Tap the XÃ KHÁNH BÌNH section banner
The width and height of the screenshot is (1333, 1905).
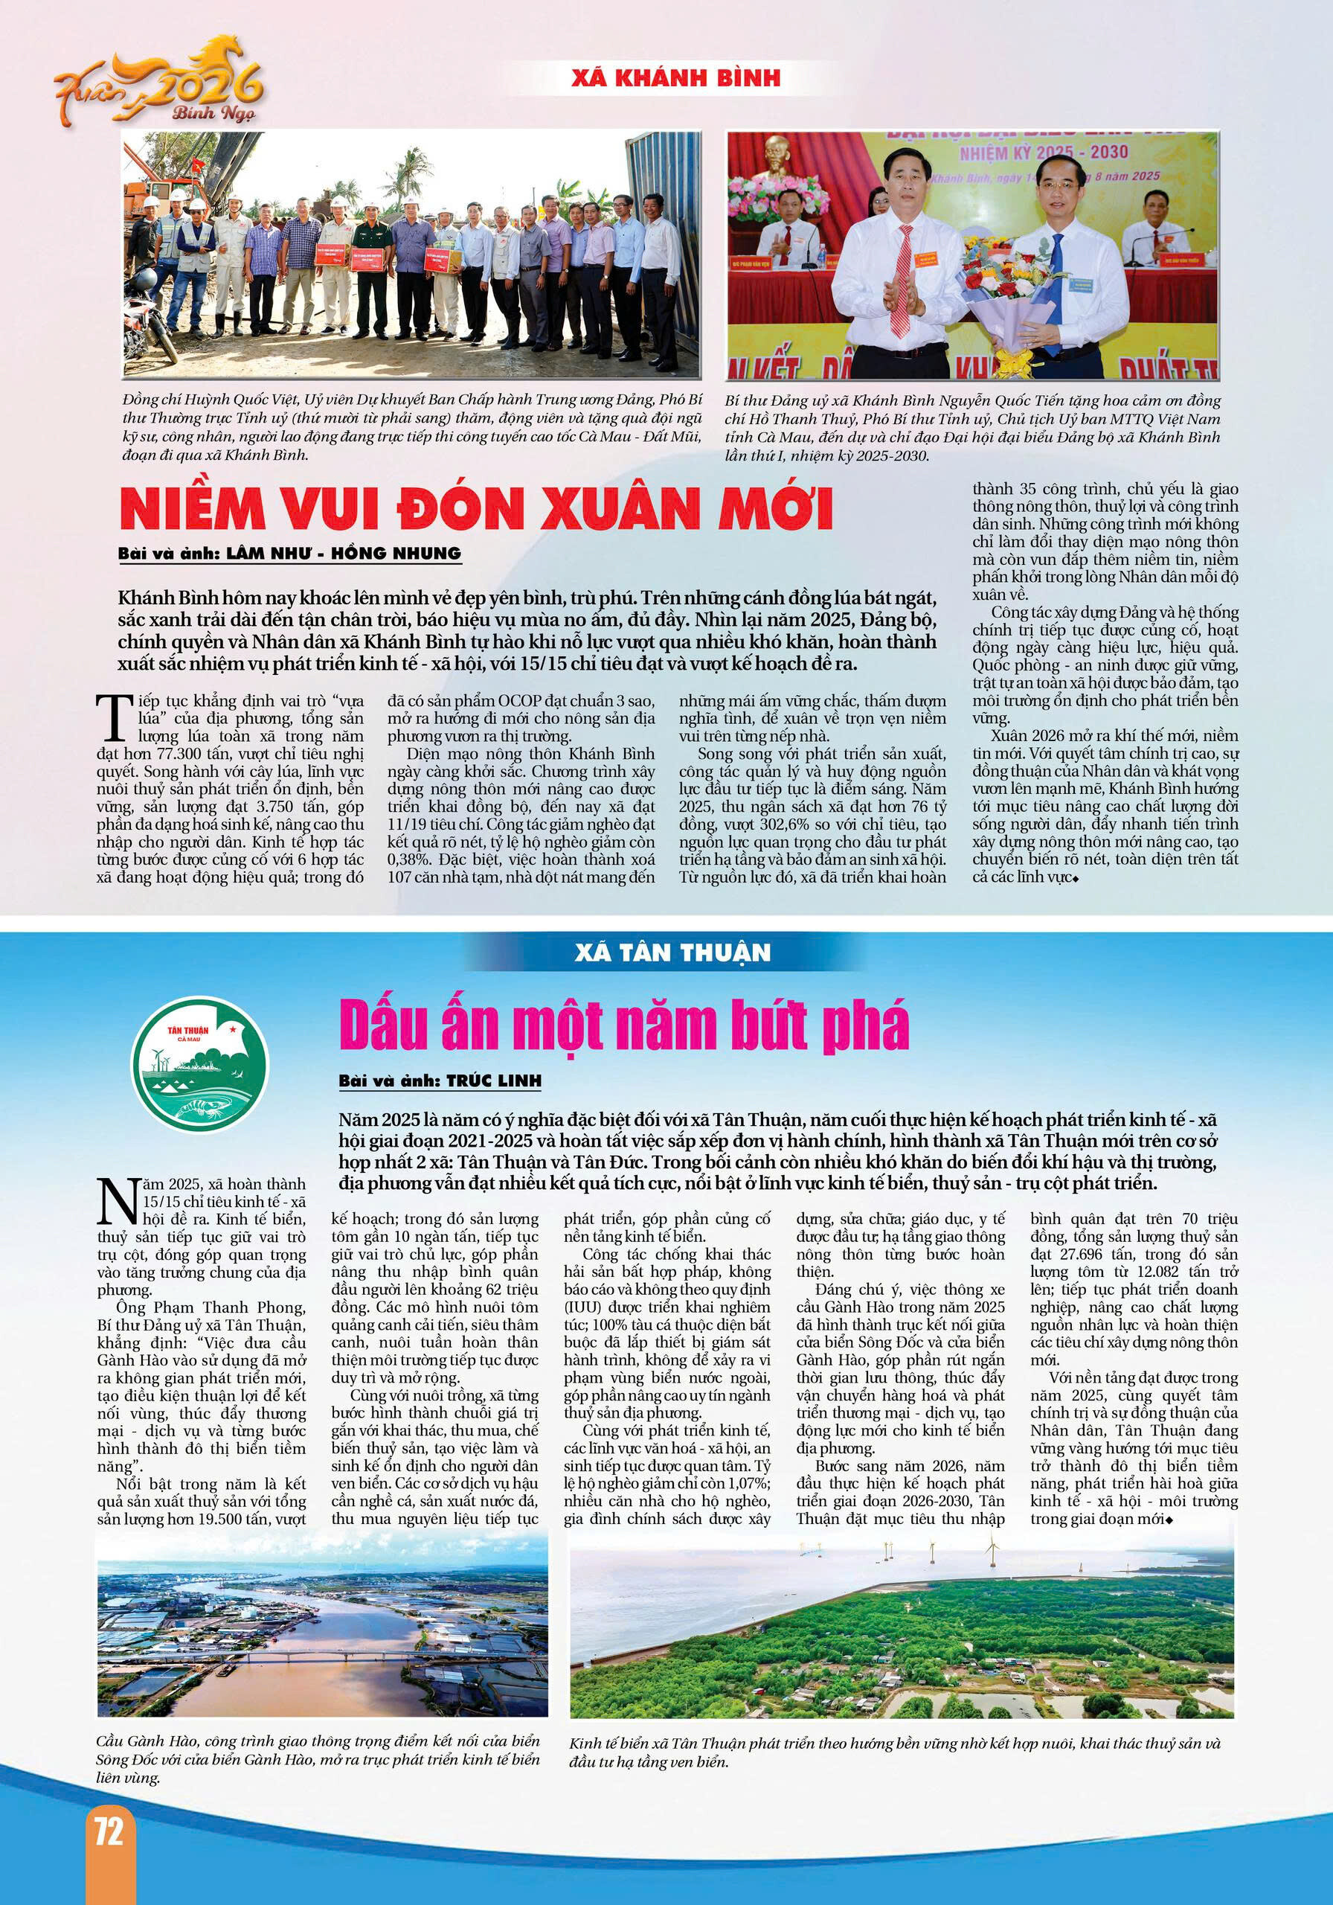tap(676, 78)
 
